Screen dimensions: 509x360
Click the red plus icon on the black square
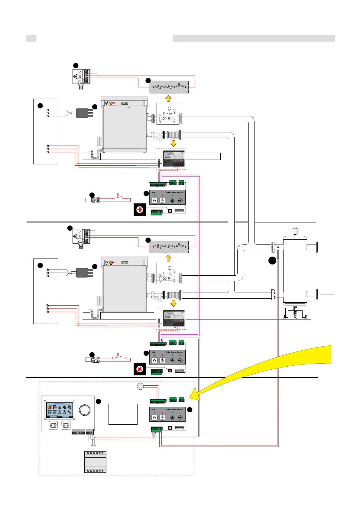click(x=140, y=210)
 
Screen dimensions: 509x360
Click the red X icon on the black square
click(x=140, y=369)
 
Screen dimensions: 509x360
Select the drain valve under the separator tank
click(x=295, y=313)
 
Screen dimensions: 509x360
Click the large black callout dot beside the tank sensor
click(x=272, y=261)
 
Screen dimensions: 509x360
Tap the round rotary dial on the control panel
click(x=84, y=410)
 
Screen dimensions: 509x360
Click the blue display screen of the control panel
click(x=60, y=410)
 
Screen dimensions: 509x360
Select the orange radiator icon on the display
click(x=50, y=407)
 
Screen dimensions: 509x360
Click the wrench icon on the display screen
click(x=70, y=412)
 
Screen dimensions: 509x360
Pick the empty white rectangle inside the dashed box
click(x=123, y=414)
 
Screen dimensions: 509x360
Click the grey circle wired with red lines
click(x=140, y=386)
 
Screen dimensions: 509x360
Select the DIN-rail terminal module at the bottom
click(x=95, y=462)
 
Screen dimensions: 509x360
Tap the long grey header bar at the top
click(x=254, y=38)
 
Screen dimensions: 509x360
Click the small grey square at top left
click(x=31, y=38)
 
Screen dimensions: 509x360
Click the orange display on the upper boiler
click(x=111, y=103)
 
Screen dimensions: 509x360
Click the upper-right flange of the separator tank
click(x=317, y=247)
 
